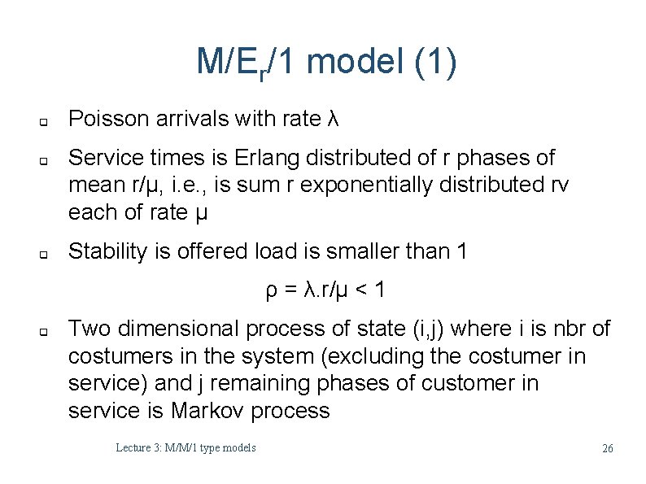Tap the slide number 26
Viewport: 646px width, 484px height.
point(607,448)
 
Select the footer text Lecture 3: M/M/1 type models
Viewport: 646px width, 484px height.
point(186,447)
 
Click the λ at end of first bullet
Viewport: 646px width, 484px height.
point(331,120)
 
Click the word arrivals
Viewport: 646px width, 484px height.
point(186,120)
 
